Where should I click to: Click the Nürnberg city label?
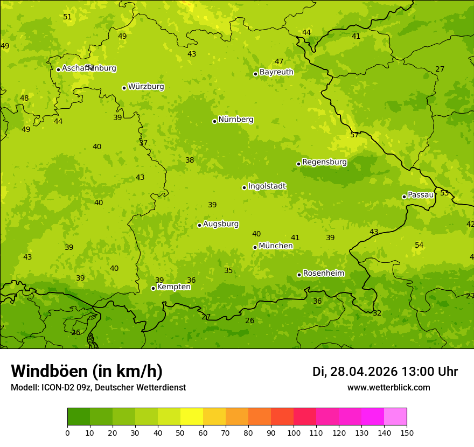tap(235, 120)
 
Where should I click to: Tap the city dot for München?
tap(255, 247)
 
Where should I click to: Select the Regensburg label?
tap(324, 162)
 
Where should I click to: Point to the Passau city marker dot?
tap(404, 197)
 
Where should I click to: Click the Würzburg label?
tap(146, 87)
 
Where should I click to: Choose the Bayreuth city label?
tap(276, 72)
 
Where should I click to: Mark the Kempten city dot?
tap(153, 288)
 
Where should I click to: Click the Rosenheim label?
tap(323, 274)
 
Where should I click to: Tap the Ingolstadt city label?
tap(267, 186)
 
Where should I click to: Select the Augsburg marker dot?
tap(199, 225)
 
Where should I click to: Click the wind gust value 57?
tap(354, 135)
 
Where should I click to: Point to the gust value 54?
tap(419, 246)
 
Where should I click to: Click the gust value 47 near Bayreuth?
tap(279, 62)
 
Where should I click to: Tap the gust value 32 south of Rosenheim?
tap(377, 313)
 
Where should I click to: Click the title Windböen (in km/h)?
tap(87, 371)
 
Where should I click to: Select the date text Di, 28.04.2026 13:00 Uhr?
tap(385, 372)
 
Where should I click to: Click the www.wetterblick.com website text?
tap(388, 388)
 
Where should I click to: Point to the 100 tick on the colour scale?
tap(294, 432)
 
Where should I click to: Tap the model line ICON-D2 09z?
tap(98, 388)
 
